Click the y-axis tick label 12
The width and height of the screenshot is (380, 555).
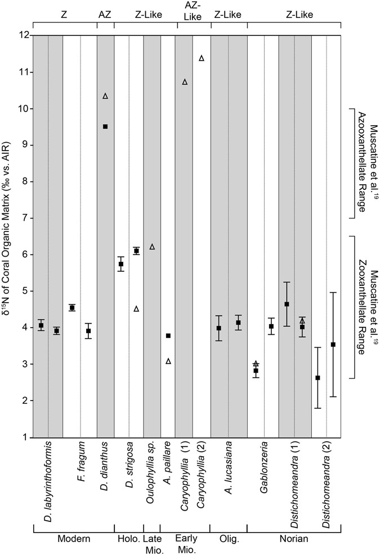[23, 35]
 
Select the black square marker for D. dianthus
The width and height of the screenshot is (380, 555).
[105, 126]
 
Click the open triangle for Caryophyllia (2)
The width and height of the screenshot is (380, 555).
[202, 58]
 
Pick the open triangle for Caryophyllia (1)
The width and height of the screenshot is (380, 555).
[185, 82]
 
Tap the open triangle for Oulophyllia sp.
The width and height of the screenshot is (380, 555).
[152, 247]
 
